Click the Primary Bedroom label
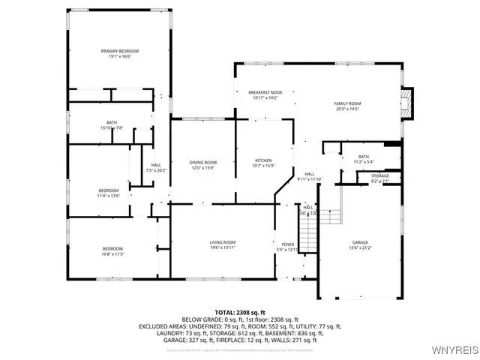pyautogui.click(x=120, y=51)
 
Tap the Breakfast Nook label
pyautogui.click(x=265, y=92)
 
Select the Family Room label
pyautogui.click(x=347, y=103)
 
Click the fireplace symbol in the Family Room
pyautogui.click(x=406, y=103)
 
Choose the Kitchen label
pyautogui.click(x=262, y=161)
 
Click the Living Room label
pyautogui.click(x=223, y=242)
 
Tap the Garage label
pyautogui.click(x=360, y=242)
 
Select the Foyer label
pyautogui.click(x=288, y=244)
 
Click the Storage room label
pyautogui.click(x=380, y=175)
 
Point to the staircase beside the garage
pyautogui.click(x=332, y=216)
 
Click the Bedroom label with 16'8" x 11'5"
pyautogui.click(x=112, y=248)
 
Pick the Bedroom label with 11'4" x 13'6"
pyautogui.click(x=109, y=190)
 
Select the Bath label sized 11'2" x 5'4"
pyautogui.click(x=363, y=156)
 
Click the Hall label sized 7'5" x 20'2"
pyautogui.click(x=156, y=165)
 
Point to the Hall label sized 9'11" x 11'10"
pyautogui.click(x=308, y=174)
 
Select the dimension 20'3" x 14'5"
pyautogui.click(x=347, y=109)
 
